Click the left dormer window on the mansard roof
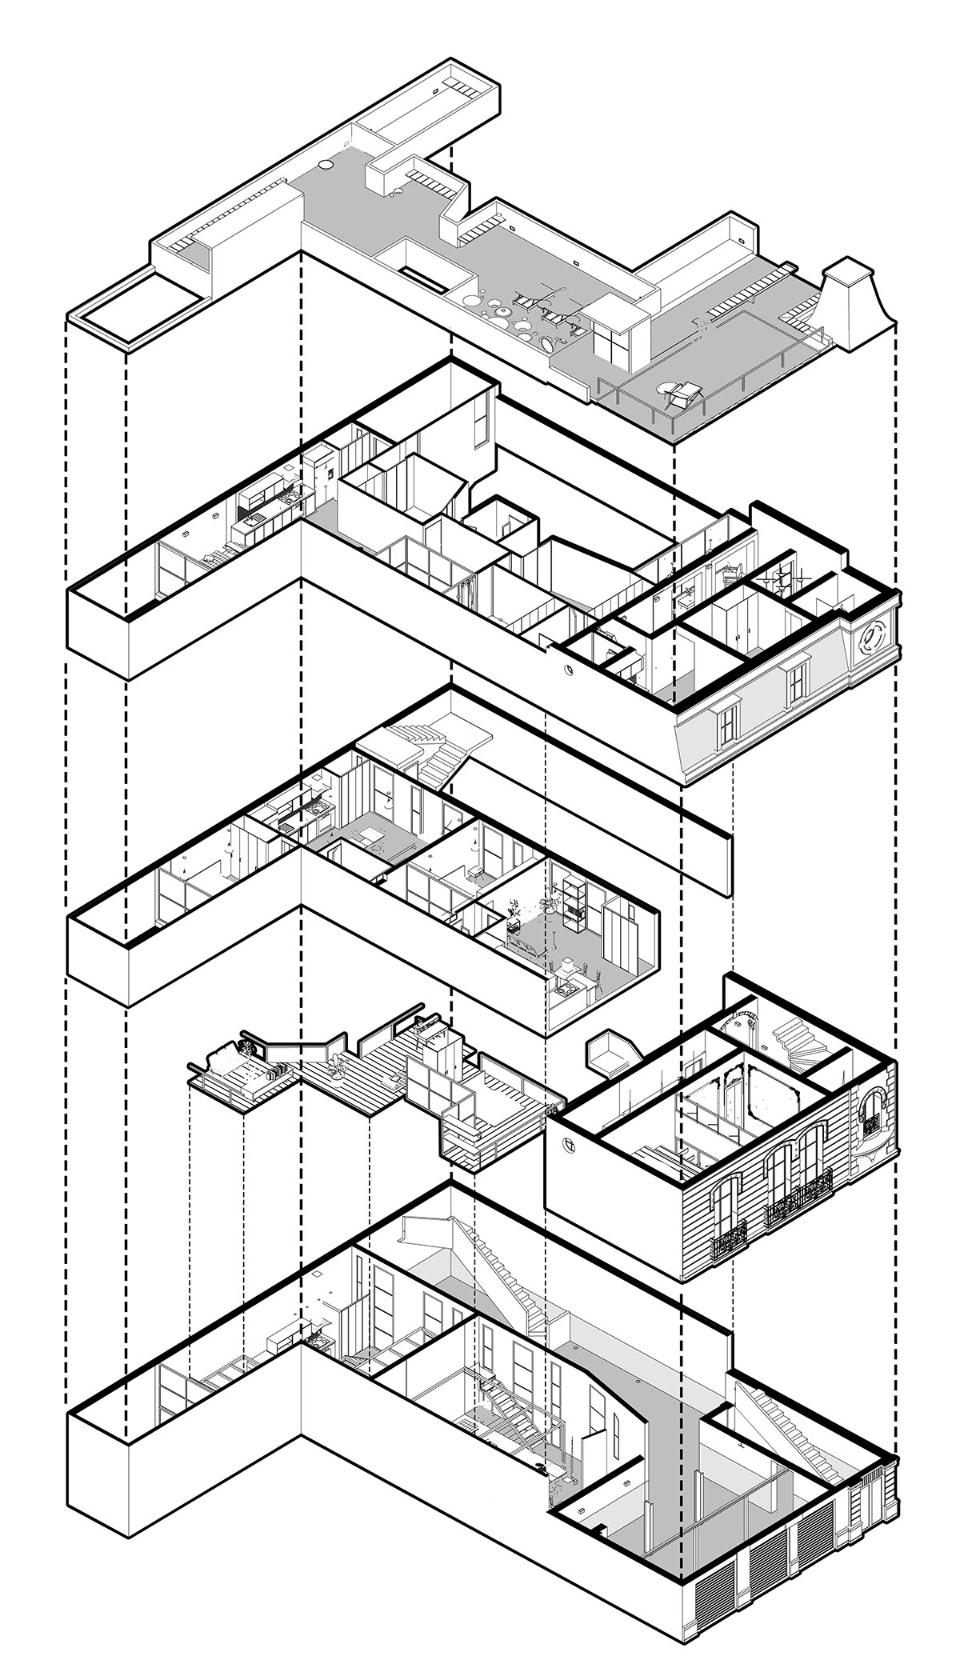tap(726, 726)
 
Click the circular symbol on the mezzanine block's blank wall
tap(569, 1145)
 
